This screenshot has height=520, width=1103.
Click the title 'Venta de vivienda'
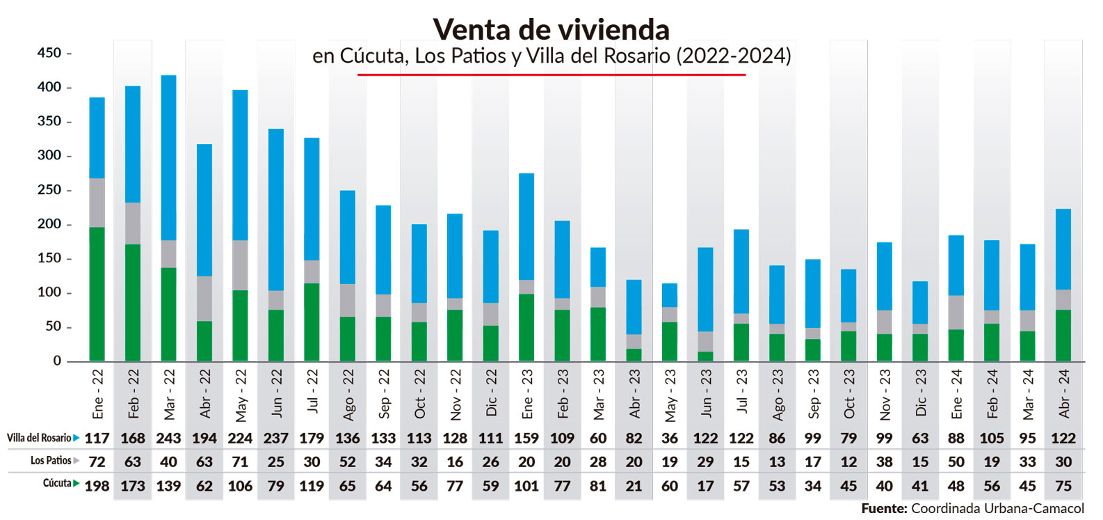551,30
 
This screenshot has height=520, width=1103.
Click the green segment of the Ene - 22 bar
97,294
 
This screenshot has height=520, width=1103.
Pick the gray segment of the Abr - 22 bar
204,299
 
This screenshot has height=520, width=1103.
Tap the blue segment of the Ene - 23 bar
526,227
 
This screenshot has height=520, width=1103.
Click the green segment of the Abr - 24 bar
1063,336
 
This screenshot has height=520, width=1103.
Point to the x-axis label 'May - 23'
670,395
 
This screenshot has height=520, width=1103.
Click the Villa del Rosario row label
39,438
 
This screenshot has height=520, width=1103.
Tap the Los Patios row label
51,461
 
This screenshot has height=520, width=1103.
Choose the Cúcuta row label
57,483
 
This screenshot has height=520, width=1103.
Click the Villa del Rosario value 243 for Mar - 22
168,439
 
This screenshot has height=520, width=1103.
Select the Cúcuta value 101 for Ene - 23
526,486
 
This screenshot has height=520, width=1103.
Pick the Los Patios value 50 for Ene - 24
956,462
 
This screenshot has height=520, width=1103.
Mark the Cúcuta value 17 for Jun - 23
705,486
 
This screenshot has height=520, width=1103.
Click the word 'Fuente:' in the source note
884,509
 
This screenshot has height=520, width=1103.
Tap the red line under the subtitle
551,74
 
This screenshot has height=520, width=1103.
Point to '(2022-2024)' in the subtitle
733,56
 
